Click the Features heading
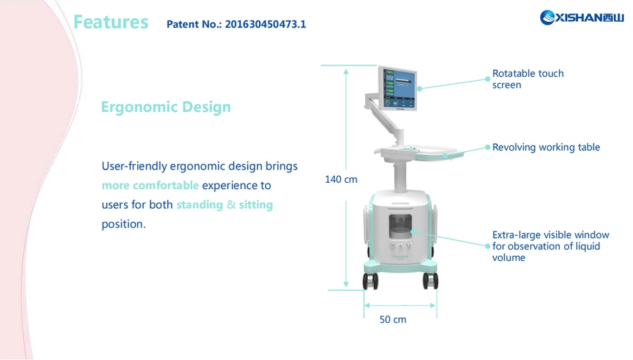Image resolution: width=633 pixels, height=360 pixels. pos(110,22)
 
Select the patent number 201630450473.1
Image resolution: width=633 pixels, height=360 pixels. pos(265,25)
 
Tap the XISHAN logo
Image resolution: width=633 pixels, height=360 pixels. pos(582,18)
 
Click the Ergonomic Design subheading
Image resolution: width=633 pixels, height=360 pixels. pos(165,107)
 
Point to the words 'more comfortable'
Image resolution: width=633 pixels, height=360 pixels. pos(150,186)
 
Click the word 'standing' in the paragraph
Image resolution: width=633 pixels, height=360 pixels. pos(199,205)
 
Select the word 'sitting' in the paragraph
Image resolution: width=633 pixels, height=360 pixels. pos(255,205)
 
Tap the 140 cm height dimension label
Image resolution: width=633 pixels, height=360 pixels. pos(341,179)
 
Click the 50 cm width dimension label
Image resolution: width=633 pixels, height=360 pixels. pos(393,319)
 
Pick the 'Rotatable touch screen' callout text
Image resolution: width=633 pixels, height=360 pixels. pos(527,79)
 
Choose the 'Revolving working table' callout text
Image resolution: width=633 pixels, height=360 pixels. pos(546,148)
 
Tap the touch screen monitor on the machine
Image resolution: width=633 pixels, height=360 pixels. pos(398,87)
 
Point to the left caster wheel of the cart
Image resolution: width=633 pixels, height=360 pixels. pos(371,281)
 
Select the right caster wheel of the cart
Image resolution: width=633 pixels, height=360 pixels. pos(430,281)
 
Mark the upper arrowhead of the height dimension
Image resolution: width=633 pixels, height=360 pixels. pos(346,70)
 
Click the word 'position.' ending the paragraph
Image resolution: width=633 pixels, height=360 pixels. pos(123,224)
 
